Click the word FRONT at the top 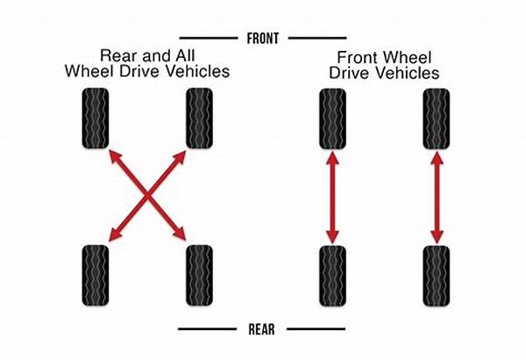click(263, 39)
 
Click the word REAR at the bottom click(261, 329)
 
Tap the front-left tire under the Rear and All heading click(96, 118)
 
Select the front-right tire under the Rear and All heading click(199, 118)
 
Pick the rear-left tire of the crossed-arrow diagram click(96, 275)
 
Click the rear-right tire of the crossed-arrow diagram click(199, 275)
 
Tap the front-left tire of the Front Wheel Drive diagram click(332, 119)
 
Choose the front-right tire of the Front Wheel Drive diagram click(437, 119)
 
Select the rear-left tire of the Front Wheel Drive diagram click(332, 276)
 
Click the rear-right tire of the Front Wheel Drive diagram click(437, 276)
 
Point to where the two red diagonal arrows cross click(147, 195)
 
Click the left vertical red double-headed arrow click(332, 197)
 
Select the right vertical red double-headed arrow click(437, 197)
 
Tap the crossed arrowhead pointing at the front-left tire click(115, 156)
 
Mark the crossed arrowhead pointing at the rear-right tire click(181, 235)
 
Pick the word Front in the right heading click(358, 58)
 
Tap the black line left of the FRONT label click(209, 39)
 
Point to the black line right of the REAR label click(316, 329)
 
